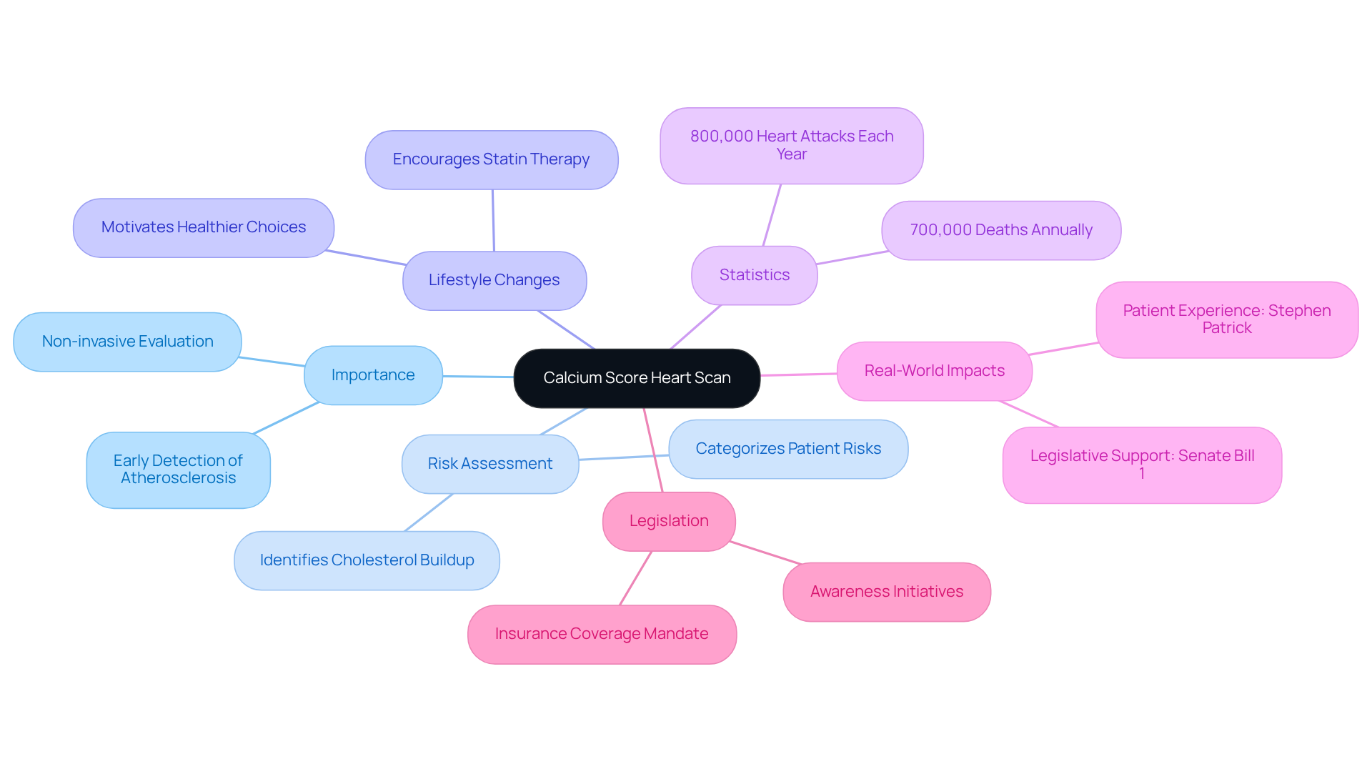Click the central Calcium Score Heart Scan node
[636, 378]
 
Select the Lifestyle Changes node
[494, 280]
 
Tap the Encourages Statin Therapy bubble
[491, 159]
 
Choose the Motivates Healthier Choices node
[203, 227]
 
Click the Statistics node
[754, 275]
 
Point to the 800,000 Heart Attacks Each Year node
[791, 145]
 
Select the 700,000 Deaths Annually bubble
[1000, 230]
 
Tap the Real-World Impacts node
[934, 371]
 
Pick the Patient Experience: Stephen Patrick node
[1226, 319]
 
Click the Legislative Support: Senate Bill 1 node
[1141, 465]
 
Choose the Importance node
[372, 375]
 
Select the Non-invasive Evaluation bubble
[127, 342]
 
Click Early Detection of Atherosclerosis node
[178, 470]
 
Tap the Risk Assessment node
[489, 464]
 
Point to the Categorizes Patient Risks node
[787, 449]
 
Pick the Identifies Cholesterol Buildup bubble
[367, 560]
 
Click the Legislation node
[668, 521]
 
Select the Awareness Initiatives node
[886, 592]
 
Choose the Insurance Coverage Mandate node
[601, 634]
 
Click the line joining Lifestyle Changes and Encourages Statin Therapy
[493, 220]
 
